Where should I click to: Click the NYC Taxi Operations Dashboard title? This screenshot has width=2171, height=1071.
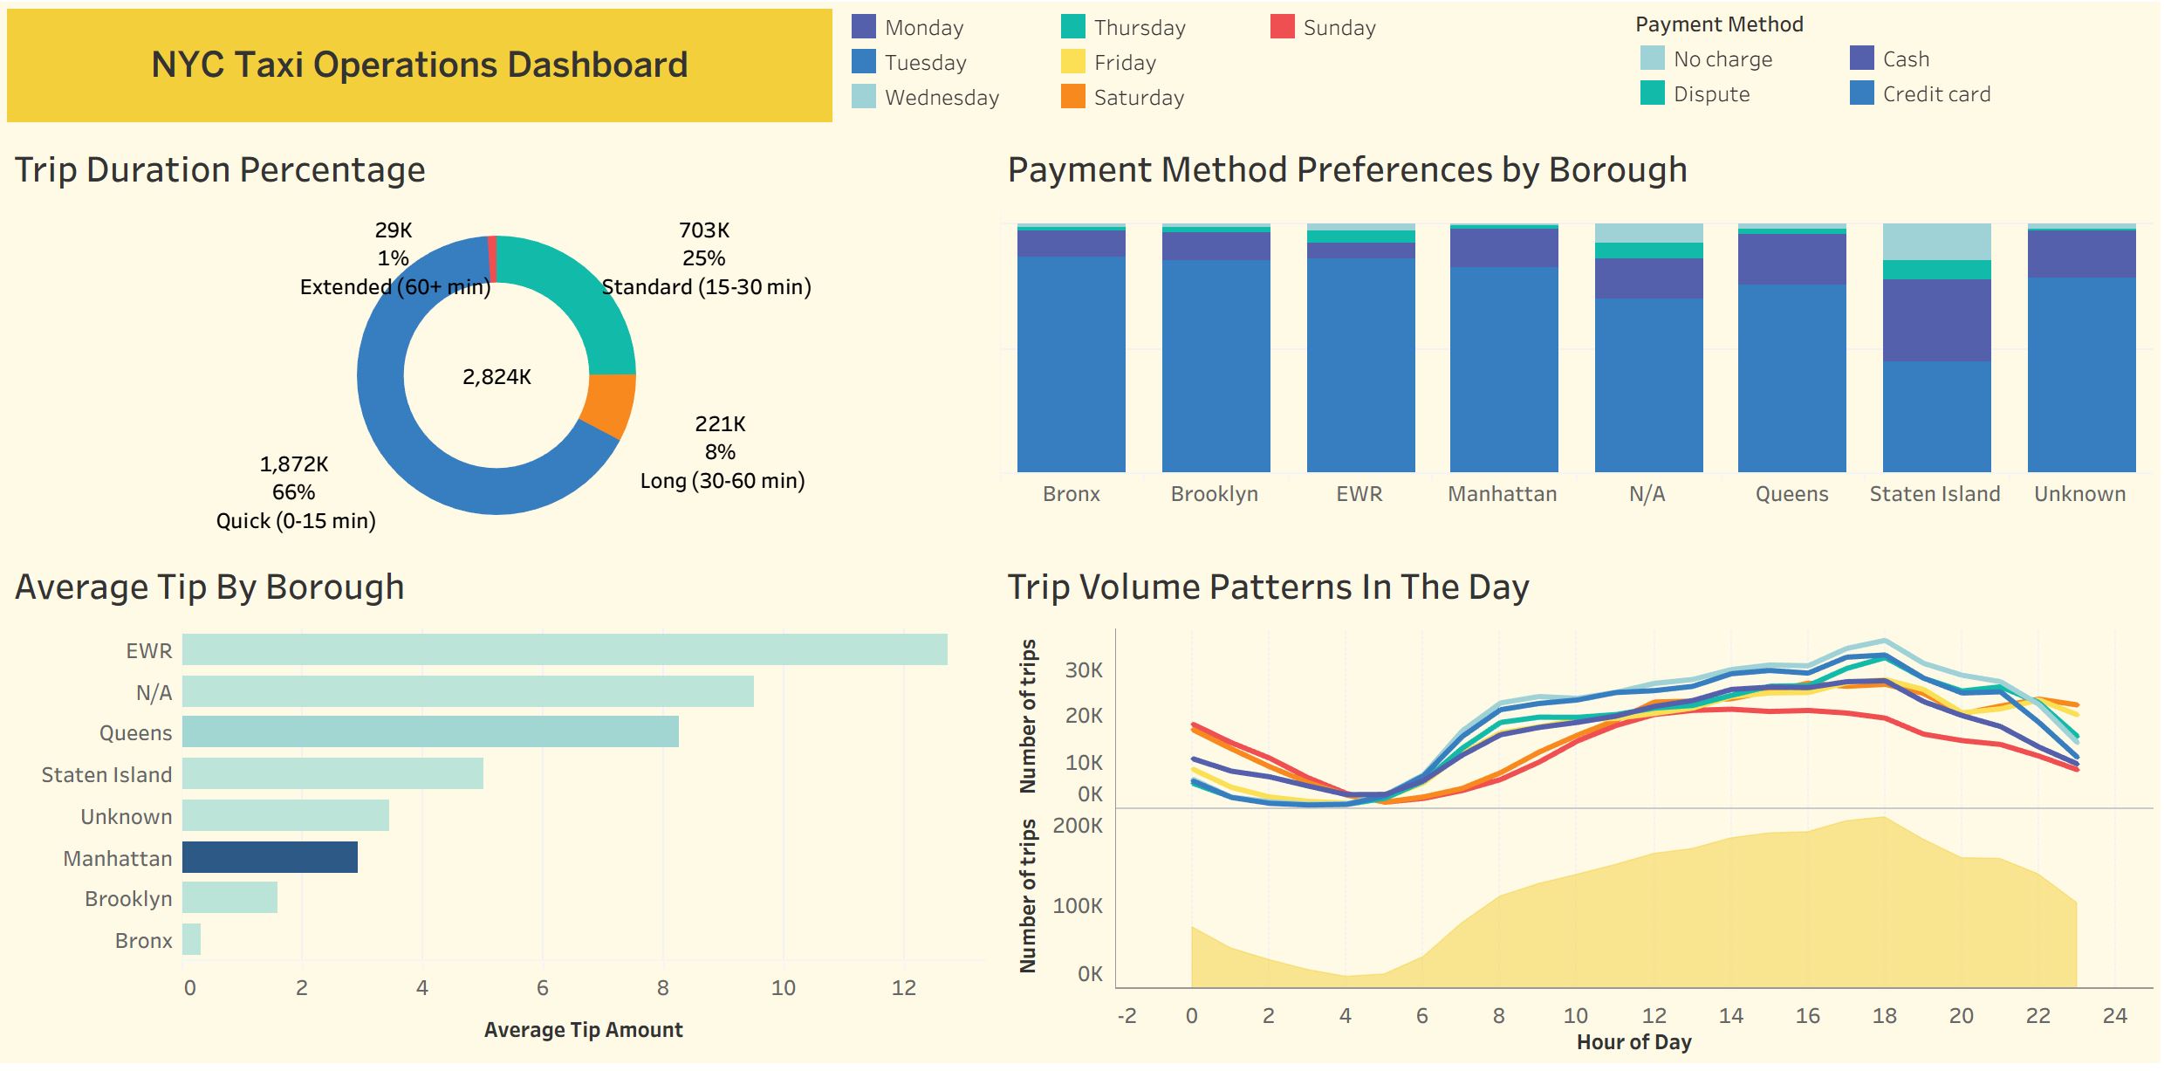point(420,65)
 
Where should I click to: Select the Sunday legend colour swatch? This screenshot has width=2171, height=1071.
point(1283,27)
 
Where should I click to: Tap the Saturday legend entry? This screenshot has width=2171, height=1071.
point(1122,97)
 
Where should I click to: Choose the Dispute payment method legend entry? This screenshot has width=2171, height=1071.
point(1695,93)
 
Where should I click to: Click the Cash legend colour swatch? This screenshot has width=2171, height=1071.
point(1862,58)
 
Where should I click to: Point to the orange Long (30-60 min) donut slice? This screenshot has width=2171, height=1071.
point(611,405)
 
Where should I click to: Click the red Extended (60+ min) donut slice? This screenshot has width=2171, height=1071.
point(492,259)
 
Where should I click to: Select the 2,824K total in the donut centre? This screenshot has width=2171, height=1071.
point(497,377)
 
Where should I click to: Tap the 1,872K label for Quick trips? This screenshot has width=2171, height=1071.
point(294,464)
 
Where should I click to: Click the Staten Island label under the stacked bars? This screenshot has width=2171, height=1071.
point(1935,494)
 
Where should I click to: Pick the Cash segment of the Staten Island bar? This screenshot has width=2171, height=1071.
point(1937,320)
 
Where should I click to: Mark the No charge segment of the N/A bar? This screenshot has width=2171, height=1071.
point(1649,233)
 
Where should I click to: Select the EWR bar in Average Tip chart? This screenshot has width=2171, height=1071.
point(565,649)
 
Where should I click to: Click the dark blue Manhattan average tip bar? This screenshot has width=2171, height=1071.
point(270,857)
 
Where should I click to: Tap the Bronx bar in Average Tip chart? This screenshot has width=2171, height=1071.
point(191,939)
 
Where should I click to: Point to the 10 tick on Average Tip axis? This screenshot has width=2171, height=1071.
point(784,988)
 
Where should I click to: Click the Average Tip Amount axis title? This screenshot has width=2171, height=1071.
point(584,1030)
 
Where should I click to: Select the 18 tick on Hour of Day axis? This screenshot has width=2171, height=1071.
point(1885,1016)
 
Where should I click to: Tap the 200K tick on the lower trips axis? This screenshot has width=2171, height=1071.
point(1078,826)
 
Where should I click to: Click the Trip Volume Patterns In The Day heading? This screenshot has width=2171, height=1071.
point(1269,587)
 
